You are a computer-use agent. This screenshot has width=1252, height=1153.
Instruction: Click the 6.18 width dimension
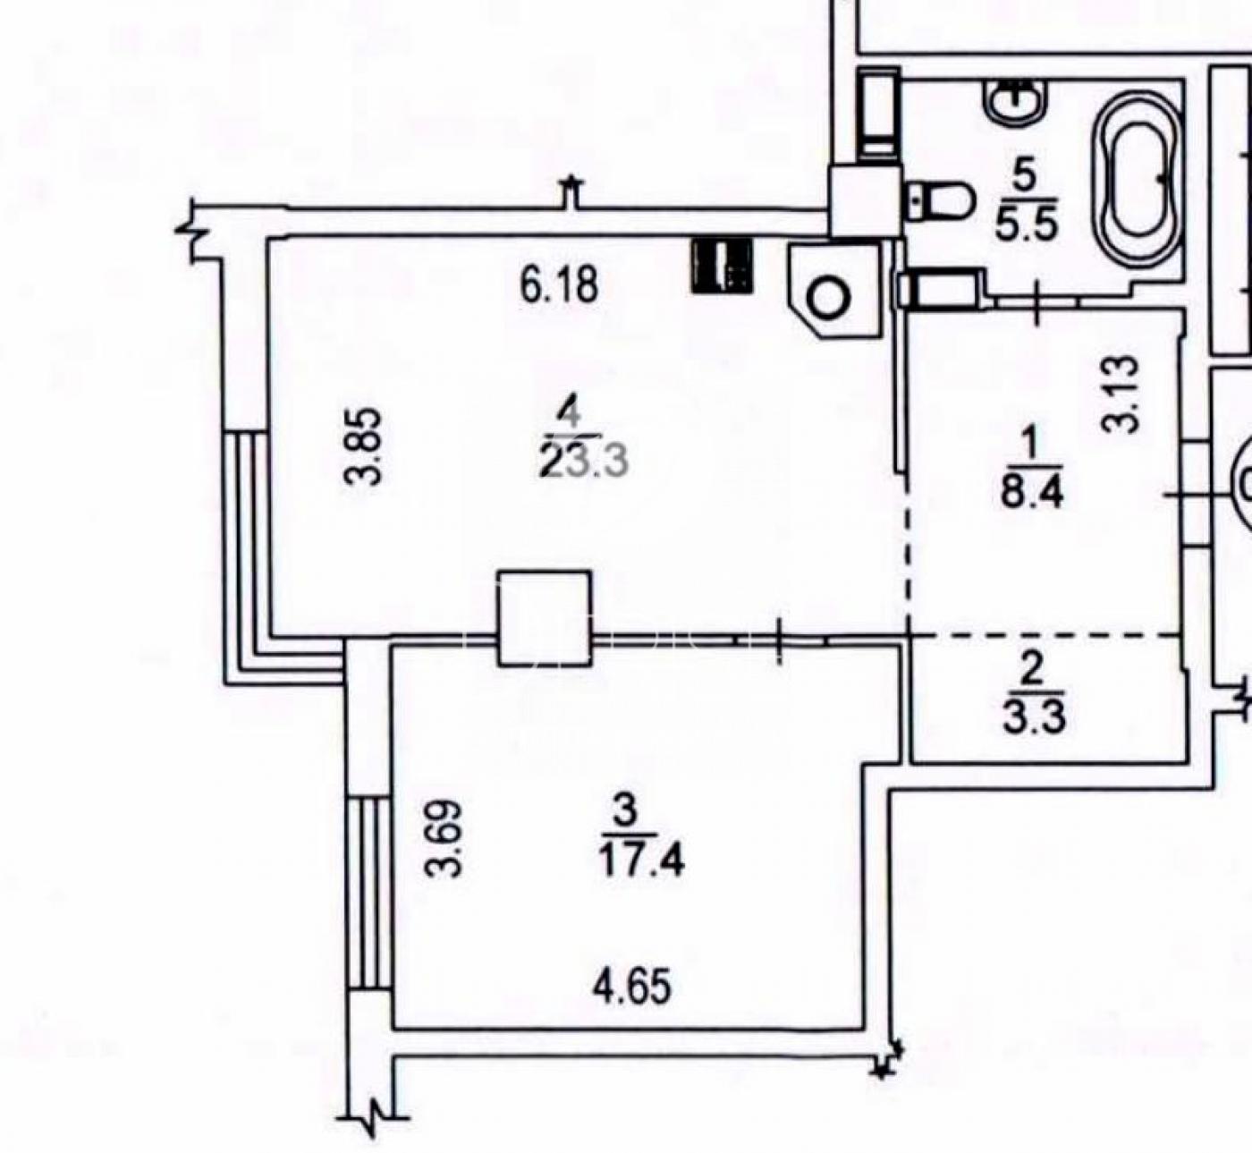click(558, 285)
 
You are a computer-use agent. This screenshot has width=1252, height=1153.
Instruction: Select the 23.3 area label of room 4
click(584, 462)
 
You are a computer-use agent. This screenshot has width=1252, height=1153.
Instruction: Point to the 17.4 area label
click(640, 861)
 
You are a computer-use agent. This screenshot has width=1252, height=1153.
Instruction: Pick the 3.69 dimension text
click(444, 838)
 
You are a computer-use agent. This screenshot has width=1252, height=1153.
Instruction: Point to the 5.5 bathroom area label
click(1027, 224)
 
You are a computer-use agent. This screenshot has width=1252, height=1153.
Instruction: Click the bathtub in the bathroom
click(1134, 180)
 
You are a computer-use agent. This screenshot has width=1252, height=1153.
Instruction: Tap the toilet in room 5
click(942, 199)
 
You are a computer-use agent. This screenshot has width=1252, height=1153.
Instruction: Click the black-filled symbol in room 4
click(722, 265)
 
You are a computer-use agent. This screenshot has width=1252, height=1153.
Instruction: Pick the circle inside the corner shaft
click(829, 296)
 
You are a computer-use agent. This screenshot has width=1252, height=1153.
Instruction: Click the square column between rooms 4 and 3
click(545, 618)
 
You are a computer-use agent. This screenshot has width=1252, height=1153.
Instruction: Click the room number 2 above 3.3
click(1032, 669)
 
